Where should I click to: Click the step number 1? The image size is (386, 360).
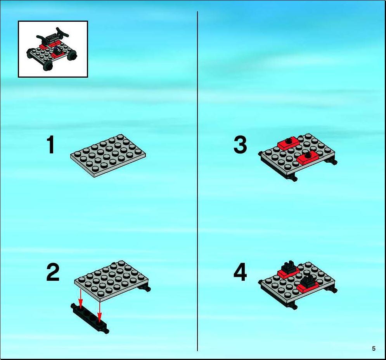pos(51,144)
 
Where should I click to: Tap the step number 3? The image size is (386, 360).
pos(240,144)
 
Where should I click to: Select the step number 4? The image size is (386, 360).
pos(240,272)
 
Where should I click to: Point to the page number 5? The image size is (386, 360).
pos(374,348)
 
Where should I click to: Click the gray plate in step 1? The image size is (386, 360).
pos(108,155)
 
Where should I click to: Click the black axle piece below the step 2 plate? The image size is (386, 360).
pos(90,318)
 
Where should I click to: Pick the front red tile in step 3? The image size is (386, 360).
pos(308,158)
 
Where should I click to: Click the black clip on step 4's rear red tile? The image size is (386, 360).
pos(289,266)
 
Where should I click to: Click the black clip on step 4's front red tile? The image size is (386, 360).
pos(308,281)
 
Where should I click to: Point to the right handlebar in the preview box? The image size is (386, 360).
pos(62,33)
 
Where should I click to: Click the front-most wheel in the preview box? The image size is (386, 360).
pos(48,65)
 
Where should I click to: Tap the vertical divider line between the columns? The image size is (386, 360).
pos(197,181)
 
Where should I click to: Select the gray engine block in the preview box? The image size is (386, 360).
pos(52,39)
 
